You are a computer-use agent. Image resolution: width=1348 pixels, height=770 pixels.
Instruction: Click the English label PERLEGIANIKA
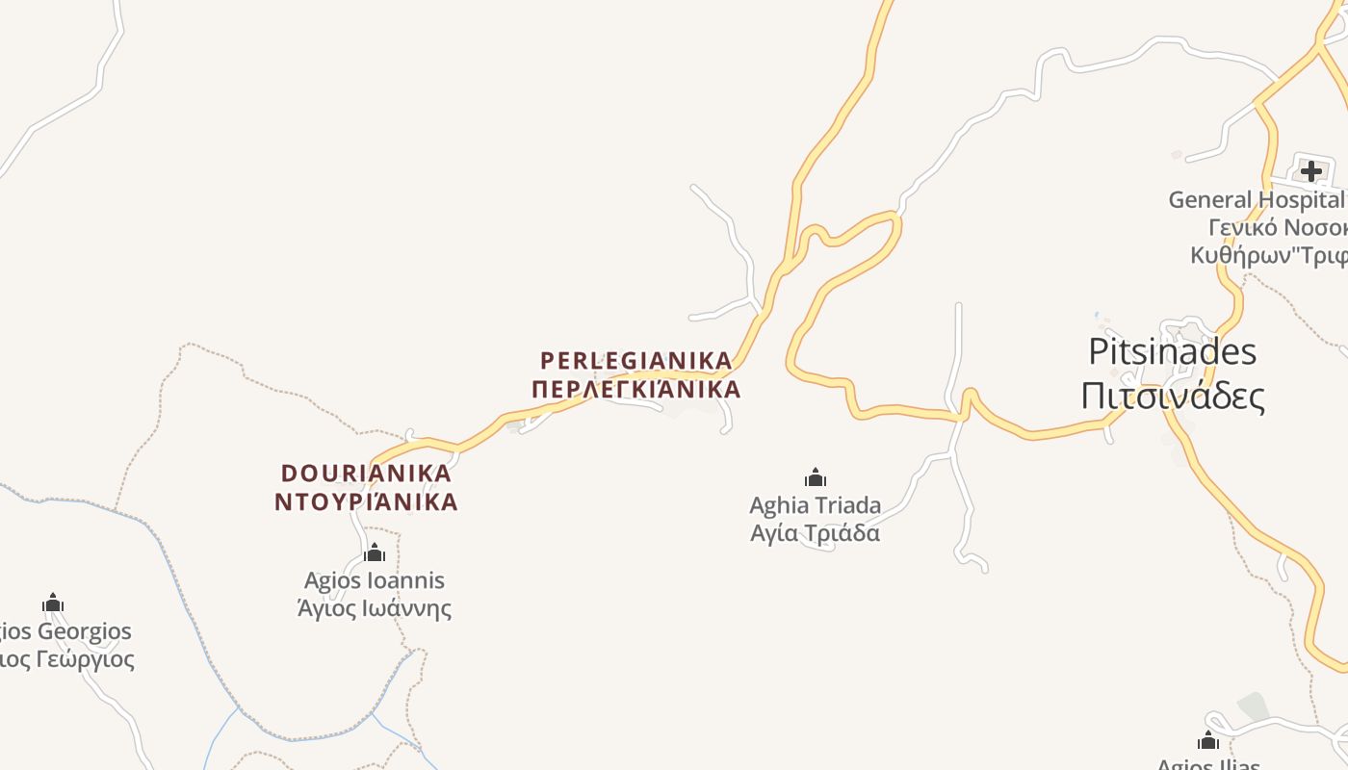coord(635,361)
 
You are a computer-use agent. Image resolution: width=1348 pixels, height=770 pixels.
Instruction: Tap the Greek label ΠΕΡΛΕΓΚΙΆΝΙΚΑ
coord(635,390)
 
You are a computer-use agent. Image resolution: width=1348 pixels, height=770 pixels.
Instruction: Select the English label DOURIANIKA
coord(366,474)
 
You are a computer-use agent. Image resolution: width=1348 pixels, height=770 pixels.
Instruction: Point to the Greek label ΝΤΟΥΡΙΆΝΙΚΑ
coord(366,502)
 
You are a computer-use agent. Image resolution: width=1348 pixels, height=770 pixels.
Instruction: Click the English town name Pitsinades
coord(1172,352)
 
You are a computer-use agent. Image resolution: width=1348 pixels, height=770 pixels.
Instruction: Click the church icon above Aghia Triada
coord(816,477)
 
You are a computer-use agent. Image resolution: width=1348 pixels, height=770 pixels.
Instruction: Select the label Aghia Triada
coord(815,505)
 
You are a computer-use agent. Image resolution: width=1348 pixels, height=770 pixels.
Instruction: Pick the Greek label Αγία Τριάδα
coord(815,533)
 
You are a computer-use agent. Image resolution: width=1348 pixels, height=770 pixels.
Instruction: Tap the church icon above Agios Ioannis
coord(375,552)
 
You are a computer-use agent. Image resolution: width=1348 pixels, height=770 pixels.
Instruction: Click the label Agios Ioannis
coord(375,580)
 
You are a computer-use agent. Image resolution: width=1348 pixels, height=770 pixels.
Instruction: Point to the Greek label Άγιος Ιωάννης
coord(375,608)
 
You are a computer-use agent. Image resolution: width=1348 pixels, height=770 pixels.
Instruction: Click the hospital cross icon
coord(1310,171)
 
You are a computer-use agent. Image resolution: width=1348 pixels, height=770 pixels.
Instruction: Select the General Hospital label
coord(1256,200)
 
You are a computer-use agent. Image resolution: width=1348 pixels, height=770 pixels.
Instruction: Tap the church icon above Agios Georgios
coord(53,603)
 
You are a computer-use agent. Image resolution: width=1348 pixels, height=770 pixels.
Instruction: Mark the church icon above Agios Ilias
coord(1208,740)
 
